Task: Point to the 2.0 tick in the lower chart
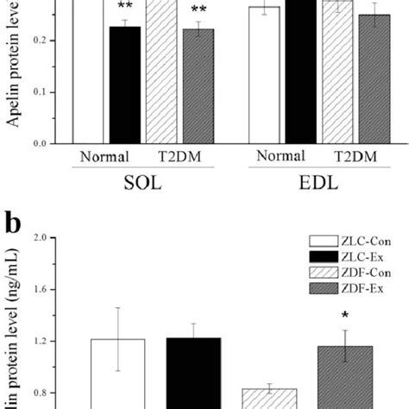[x=48, y=238]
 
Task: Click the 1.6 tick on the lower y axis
[x=48, y=290]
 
